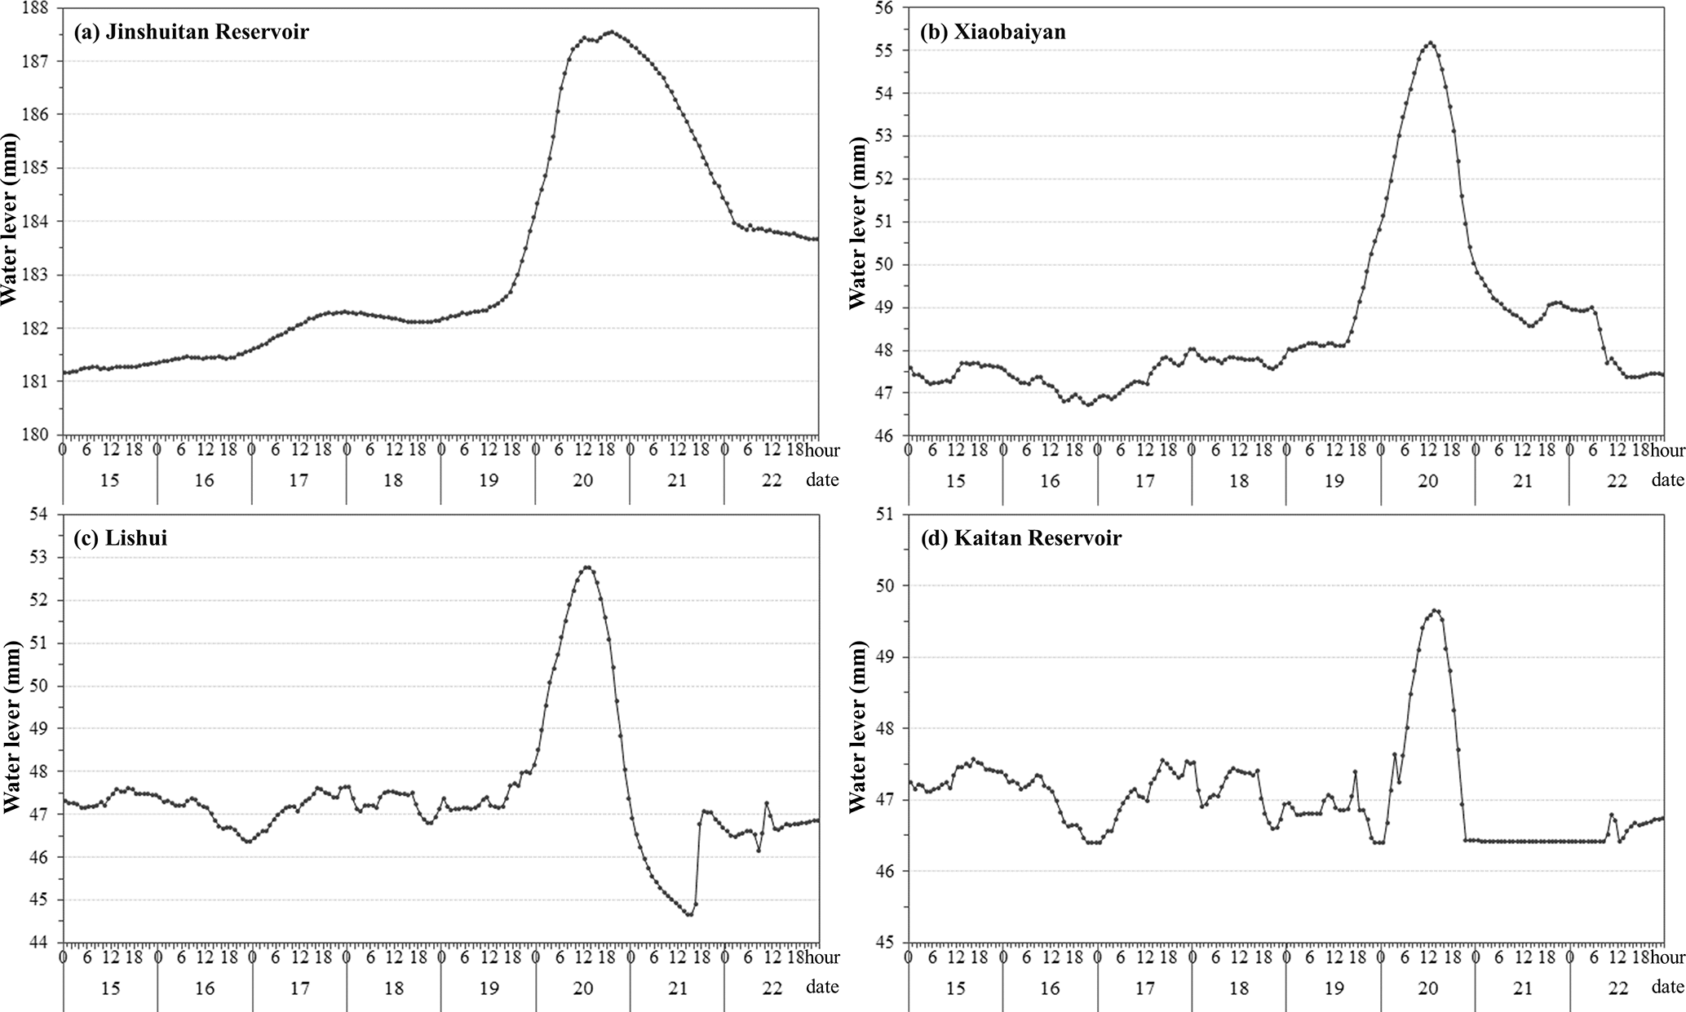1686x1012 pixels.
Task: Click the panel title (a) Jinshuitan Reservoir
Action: tap(191, 33)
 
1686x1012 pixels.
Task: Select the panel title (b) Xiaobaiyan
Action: tap(993, 33)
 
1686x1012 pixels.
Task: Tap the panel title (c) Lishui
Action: tap(120, 538)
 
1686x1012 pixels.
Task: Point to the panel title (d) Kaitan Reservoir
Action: tap(1020, 538)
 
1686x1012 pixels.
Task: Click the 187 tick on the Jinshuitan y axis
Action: tap(35, 61)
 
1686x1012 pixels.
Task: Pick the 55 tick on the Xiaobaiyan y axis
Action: tap(887, 51)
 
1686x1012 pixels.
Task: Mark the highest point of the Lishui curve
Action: tap(587, 567)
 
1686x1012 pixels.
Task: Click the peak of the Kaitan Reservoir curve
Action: tap(1436, 610)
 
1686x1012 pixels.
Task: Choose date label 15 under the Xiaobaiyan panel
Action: tap(955, 481)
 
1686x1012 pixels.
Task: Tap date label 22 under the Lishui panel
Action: tap(772, 988)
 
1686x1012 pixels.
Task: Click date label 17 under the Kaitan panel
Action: tap(1144, 988)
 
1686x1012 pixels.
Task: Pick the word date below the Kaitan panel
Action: tap(1667, 987)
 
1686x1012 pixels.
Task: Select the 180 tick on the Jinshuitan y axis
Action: tap(35, 435)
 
